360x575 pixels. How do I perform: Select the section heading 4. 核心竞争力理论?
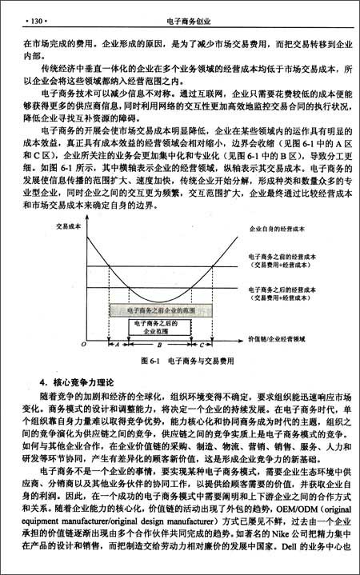tap(70, 381)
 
